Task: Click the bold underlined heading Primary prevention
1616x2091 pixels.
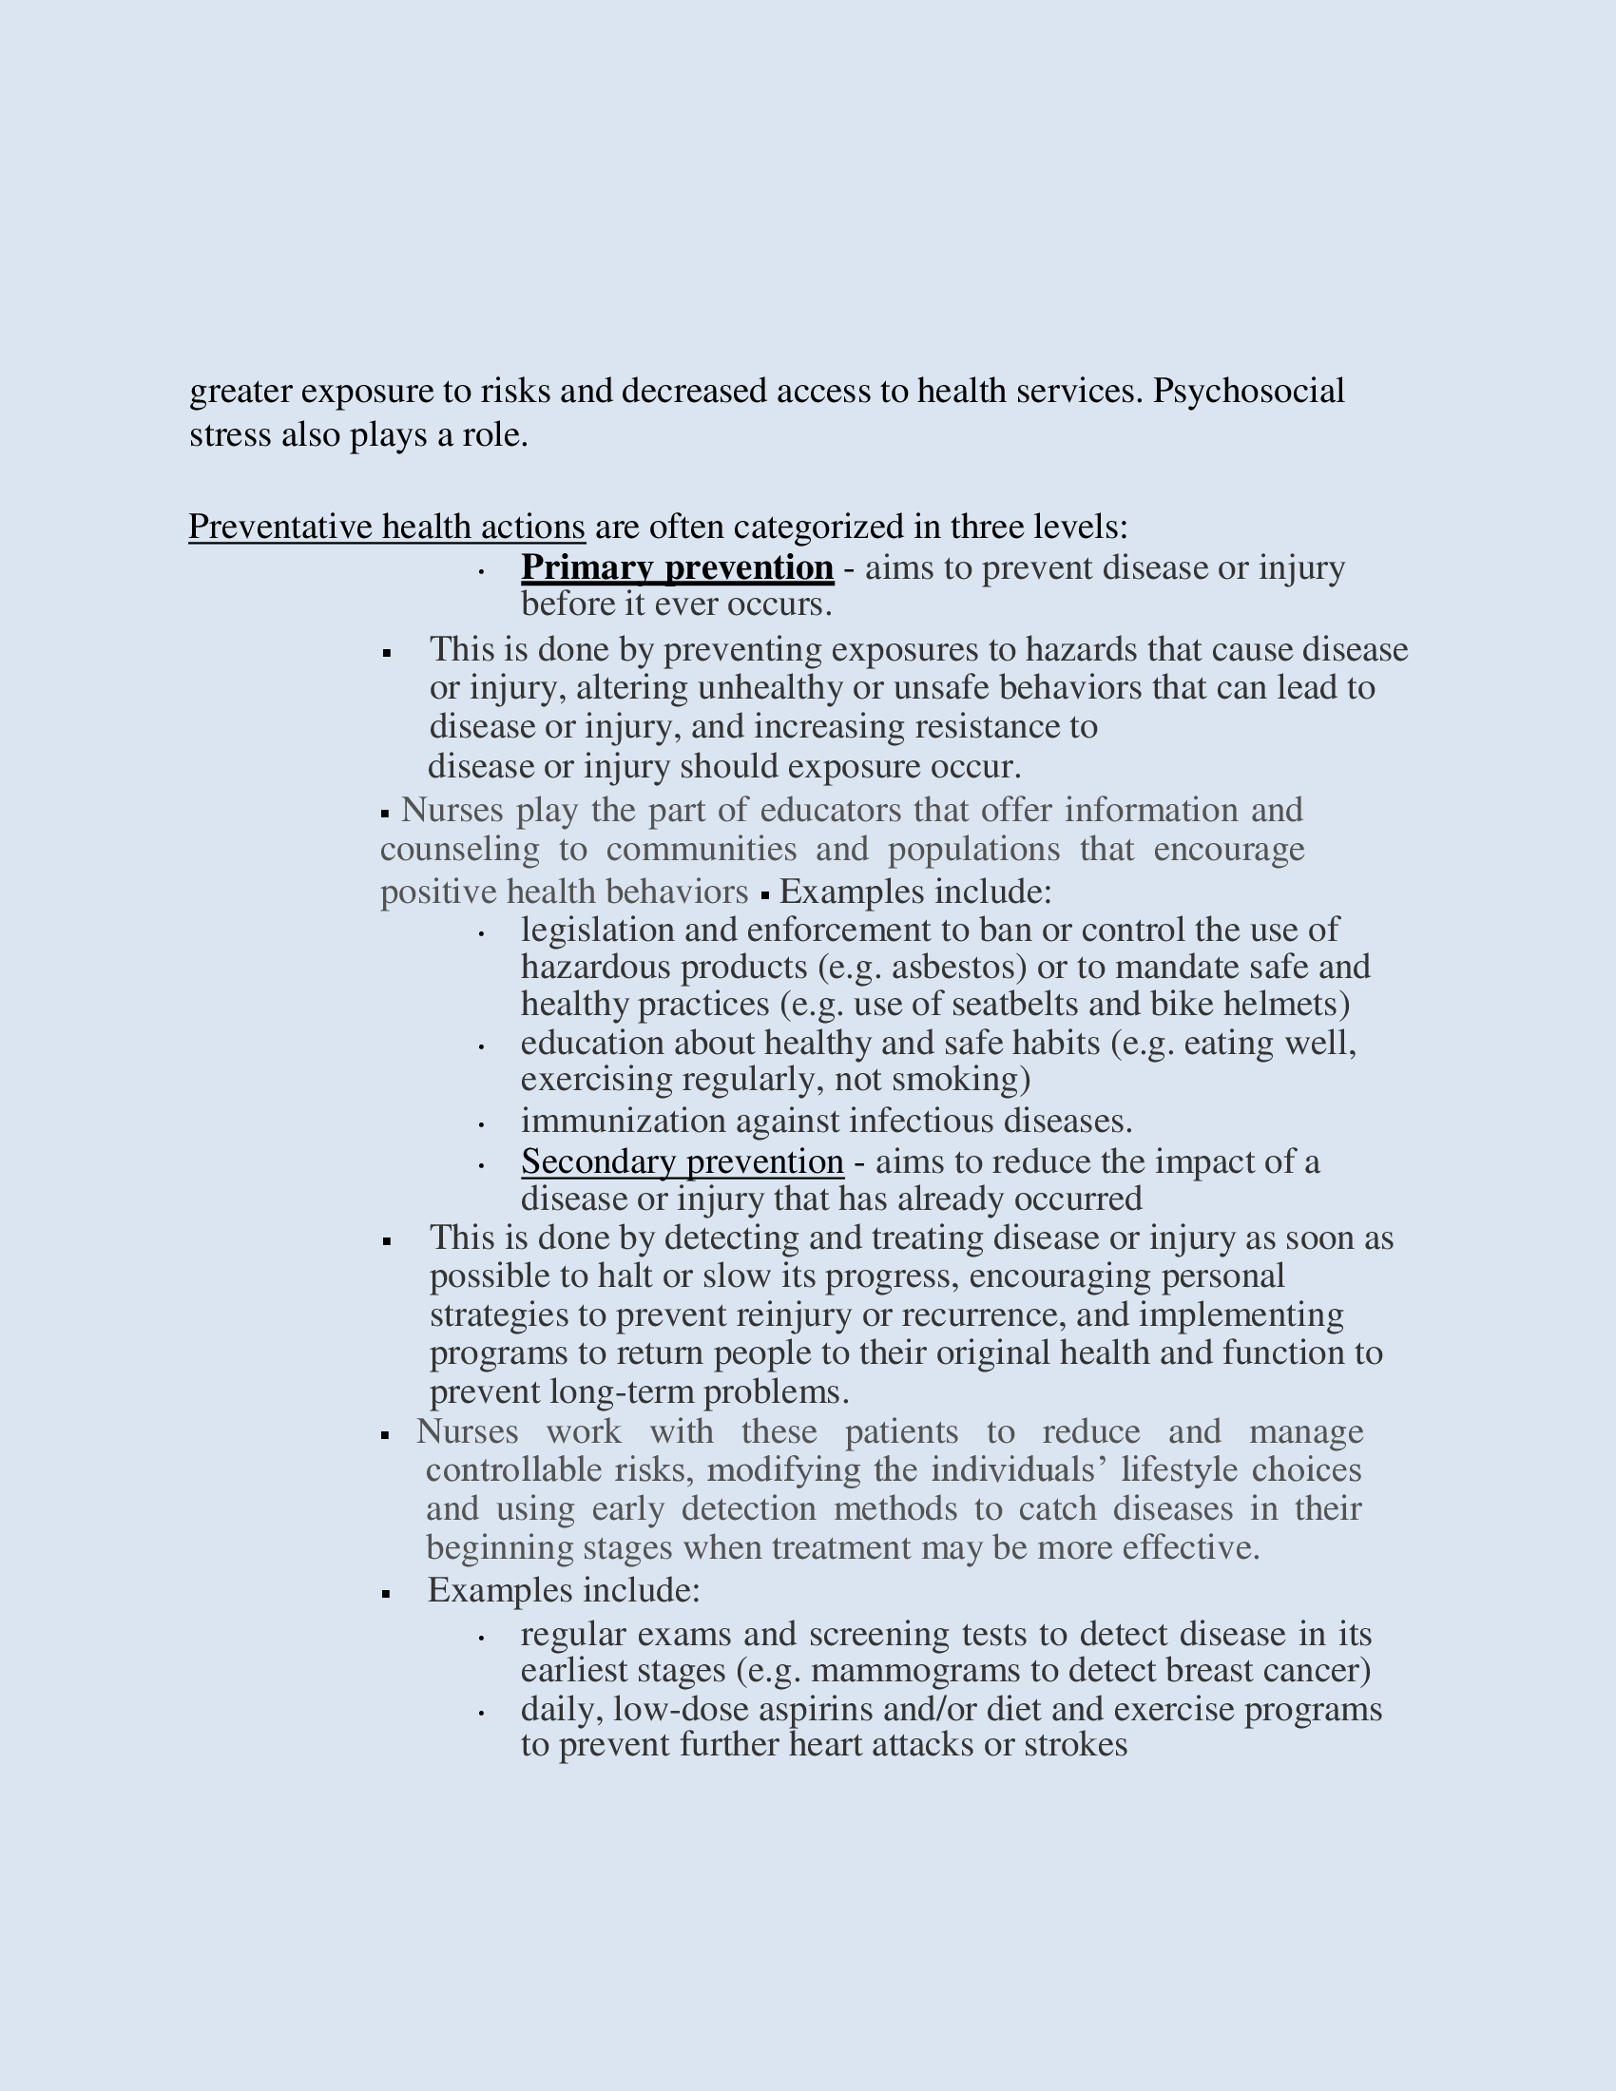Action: click(x=677, y=567)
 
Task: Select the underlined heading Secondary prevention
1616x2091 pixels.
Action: click(x=682, y=1161)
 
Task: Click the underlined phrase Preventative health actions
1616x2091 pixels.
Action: click(x=387, y=527)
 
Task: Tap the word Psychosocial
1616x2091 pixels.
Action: click(x=1248, y=391)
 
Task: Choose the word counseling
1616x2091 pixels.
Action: click(x=459, y=849)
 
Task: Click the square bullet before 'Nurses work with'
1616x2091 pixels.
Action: click(x=385, y=1434)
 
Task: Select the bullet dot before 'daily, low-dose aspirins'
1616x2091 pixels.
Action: click(x=482, y=1713)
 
